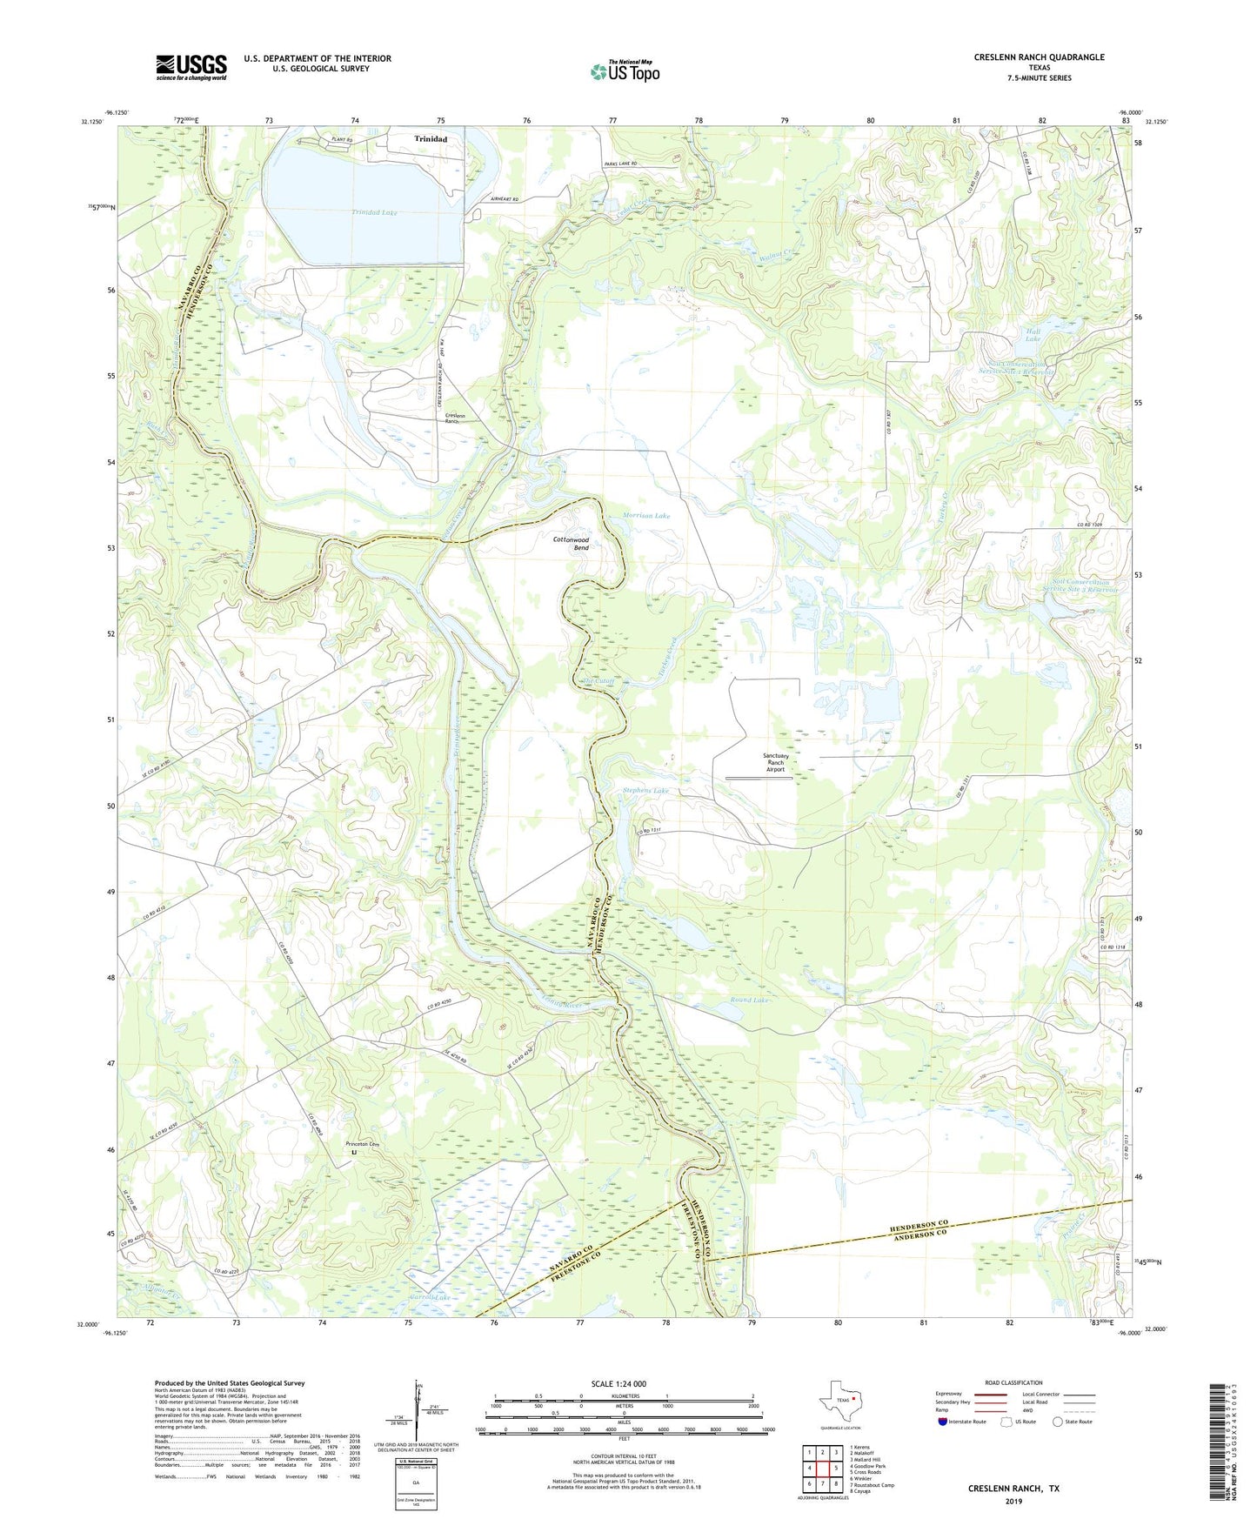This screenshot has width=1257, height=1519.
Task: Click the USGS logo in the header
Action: pos(191,67)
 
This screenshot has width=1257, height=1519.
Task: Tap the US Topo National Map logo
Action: pos(625,71)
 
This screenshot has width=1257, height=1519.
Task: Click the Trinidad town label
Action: pos(431,139)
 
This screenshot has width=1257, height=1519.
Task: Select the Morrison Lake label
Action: pos(646,516)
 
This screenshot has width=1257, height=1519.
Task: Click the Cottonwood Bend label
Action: pos(572,544)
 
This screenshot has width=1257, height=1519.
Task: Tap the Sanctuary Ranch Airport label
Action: pos(775,763)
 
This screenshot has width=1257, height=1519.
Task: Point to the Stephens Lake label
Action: pos(645,791)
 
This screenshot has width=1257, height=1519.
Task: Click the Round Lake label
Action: pos(750,1000)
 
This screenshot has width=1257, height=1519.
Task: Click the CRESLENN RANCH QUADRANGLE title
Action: pos(1039,57)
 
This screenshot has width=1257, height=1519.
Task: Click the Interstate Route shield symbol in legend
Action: pos(943,1422)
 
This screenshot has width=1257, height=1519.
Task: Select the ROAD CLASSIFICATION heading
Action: pos(1013,1382)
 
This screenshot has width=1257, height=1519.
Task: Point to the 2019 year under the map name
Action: pos(1013,1501)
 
